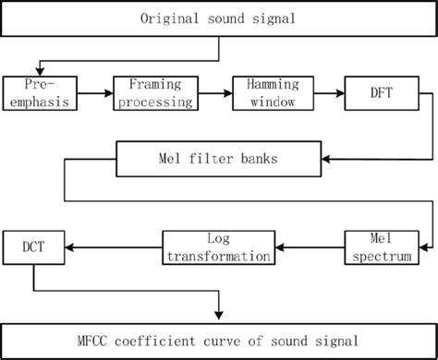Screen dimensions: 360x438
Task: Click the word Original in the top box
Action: (x=169, y=18)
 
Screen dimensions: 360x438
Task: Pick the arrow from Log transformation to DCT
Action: (x=114, y=246)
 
